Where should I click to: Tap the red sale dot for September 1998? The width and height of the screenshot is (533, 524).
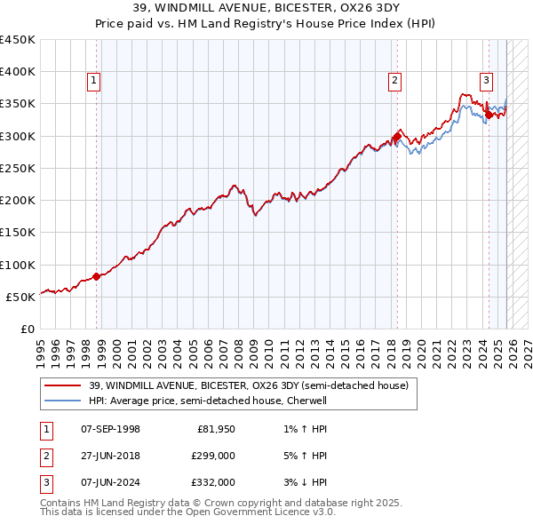pyautogui.click(x=97, y=275)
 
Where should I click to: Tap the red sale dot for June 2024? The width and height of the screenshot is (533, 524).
pyautogui.click(x=489, y=115)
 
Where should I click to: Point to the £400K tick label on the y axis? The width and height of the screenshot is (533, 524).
pyautogui.click(x=18, y=72)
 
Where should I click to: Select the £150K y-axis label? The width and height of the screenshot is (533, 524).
pyautogui.click(x=18, y=233)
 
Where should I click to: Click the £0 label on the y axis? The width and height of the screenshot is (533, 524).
pyautogui.click(x=28, y=329)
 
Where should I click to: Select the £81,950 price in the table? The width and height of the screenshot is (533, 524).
pyautogui.click(x=216, y=429)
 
